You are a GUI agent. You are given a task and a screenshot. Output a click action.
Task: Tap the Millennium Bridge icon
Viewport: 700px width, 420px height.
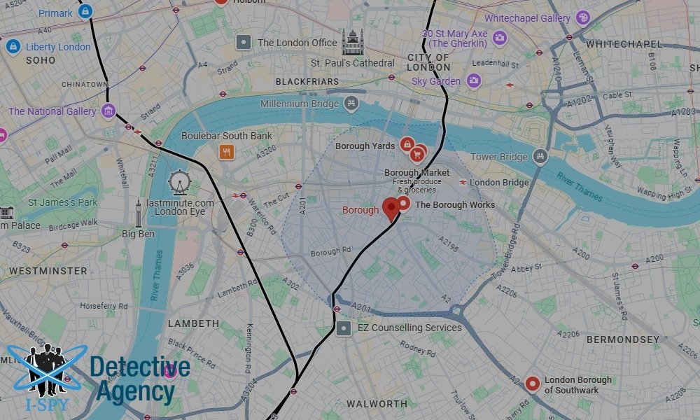(351, 104)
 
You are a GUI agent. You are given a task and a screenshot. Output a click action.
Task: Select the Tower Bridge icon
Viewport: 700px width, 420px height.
(539, 156)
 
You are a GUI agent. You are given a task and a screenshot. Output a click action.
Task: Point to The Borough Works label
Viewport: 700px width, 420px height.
(455, 205)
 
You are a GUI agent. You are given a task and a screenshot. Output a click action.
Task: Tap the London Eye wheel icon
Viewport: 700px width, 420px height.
(179, 183)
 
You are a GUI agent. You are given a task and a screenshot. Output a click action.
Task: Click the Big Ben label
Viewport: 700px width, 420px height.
(138, 234)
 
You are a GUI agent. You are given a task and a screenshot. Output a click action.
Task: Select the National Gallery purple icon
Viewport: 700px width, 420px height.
(108, 111)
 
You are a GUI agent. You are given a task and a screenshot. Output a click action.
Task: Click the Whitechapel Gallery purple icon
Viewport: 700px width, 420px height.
(582, 18)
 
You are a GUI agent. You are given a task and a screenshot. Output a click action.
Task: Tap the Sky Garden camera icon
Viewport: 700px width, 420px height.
(474, 81)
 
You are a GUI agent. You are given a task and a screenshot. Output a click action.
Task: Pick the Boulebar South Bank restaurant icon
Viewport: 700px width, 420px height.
(225, 151)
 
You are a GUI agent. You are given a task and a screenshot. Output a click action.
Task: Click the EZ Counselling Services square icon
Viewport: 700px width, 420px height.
(343, 328)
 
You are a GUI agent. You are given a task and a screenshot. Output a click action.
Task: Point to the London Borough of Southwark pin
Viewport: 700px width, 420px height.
(533, 383)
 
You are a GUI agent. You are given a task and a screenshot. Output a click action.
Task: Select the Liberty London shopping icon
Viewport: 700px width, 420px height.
(13, 47)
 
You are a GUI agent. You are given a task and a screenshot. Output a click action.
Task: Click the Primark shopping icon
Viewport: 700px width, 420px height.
(85, 11)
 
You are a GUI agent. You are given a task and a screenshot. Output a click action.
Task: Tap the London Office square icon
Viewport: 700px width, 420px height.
(244, 43)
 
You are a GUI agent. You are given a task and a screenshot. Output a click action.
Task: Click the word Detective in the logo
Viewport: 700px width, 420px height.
(140, 367)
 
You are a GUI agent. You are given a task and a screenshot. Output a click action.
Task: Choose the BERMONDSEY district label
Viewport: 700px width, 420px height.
(623, 339)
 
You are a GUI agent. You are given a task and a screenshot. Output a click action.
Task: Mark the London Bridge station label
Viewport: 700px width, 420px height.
(499, 182)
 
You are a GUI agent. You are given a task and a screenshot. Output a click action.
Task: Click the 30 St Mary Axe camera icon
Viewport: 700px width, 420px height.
(500, 38)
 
